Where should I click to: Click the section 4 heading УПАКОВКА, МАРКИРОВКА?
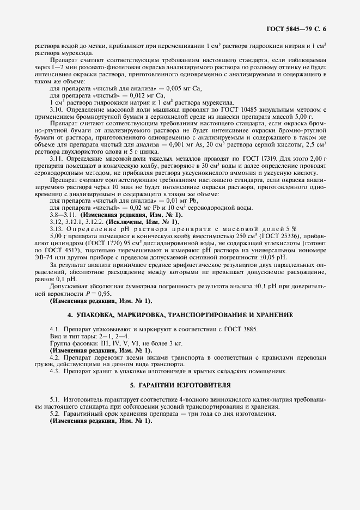tap(180, 315)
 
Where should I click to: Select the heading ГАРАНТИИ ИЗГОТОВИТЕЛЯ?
tap(180, 385)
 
